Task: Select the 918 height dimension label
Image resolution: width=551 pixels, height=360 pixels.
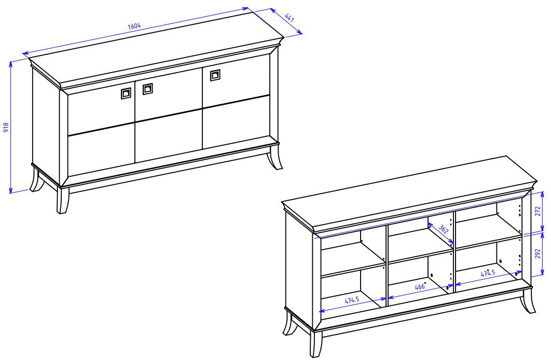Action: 6,127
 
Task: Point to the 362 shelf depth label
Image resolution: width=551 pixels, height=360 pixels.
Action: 444,229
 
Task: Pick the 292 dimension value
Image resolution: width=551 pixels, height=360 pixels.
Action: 538,254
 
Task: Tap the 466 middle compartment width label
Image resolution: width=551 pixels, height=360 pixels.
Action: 420,286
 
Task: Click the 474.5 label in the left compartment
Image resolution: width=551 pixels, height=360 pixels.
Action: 352,300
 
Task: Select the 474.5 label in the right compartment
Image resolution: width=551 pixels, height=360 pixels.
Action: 488,273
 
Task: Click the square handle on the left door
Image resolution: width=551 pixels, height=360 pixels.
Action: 126,93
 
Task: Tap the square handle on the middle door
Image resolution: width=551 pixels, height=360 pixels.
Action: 147,89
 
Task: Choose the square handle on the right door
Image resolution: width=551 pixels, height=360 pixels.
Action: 215,75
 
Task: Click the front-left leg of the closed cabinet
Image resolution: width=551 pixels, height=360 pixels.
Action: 63,200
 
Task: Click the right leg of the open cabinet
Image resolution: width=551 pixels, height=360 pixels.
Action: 528,301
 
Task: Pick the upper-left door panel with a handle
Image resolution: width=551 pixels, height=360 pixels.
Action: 101,108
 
